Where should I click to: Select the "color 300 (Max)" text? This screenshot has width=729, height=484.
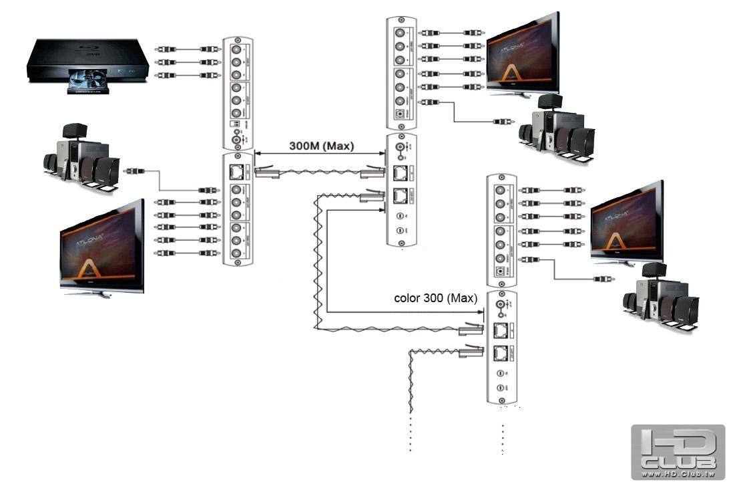436,298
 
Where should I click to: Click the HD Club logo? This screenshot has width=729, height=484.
678,451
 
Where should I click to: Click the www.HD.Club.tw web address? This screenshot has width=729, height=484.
678,474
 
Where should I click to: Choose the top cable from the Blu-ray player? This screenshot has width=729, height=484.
187,49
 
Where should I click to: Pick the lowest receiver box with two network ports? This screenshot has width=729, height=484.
502,347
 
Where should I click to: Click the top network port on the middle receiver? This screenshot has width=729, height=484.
401,172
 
